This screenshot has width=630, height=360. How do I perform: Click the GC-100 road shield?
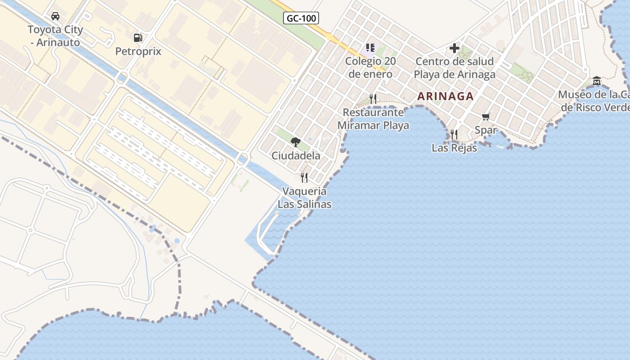(x=301, y=18)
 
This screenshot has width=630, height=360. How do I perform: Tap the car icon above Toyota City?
(x=55, y=16)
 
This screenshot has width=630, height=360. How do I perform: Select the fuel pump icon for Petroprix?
(x=138, y=38)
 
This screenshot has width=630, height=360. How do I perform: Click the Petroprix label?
(x=138, y=51)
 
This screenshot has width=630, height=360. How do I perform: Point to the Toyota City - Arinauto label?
(x=55, y=36)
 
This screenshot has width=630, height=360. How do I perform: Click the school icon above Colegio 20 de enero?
(x=370, y=48)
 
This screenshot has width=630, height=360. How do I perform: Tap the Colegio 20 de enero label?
(x=370, y=67)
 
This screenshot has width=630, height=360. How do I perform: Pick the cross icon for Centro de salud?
(x=454, y=48)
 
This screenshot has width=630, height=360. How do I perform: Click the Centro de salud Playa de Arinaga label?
(x=454, y=67)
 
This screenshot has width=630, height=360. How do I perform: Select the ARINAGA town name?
(x=445, y=96)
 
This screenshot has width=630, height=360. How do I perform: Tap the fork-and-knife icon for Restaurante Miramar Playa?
(x=373, y=99)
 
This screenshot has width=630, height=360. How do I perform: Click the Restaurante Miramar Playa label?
(x=373, y=119)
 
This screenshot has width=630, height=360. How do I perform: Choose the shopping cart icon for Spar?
(x=486, y=117)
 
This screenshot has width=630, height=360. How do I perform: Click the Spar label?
(x=486, y=130)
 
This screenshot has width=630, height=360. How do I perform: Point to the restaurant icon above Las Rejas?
(x=454, y=134)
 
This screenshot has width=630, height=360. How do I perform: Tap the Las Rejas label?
(x=454, y=148)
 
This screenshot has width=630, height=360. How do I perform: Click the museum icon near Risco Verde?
(x=597, y=81)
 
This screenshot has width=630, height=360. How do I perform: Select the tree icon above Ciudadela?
(x=296, y=142)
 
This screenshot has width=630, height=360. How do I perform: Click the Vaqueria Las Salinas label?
(x=305, y=198)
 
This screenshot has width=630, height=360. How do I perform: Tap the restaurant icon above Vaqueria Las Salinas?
(x=305, y=178)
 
